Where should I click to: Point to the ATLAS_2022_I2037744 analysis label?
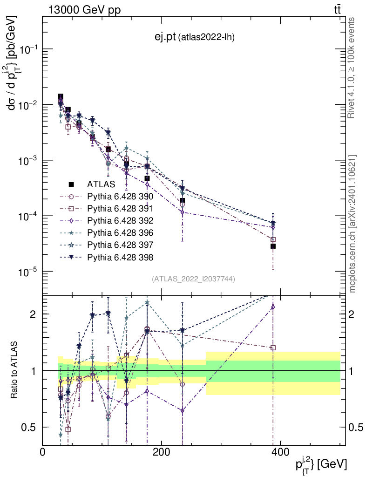[x=193, y=279]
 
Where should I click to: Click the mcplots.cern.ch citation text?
[x=352, y=224]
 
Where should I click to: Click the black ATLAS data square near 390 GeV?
[x=273, y=246]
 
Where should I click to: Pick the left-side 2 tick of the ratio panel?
[x=33, y=314]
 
